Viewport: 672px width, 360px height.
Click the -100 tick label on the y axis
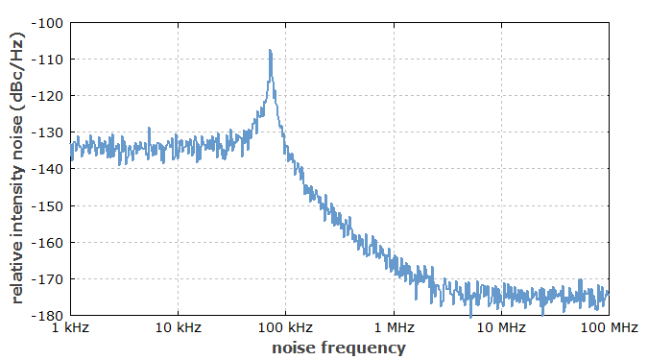click(x=48, y=23)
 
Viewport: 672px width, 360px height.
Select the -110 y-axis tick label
click(x=48, y=60)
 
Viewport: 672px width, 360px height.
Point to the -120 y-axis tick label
click(x=48, y=96)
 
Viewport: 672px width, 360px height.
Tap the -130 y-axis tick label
click(x=48, y=132)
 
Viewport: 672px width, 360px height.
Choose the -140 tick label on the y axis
click(x=48, y=169)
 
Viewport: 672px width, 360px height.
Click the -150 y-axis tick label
click(x=48, y=205)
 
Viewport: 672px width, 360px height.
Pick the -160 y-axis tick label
click(x=48, y=242)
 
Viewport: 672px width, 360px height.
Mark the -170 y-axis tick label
click(x=48, y=278)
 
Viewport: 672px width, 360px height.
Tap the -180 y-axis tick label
click(x=48, y=315)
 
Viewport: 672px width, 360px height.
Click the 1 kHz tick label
click(x=70, y=329)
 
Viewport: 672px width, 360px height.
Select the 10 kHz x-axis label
click(x=178, y=329)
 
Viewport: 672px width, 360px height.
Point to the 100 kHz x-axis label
click(x=285, y=329)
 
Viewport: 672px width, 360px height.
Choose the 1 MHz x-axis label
click(x=394, y=329)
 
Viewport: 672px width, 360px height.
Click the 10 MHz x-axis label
click(x=500, y=329)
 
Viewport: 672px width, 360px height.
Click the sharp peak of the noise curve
click(x=271, y=51)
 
